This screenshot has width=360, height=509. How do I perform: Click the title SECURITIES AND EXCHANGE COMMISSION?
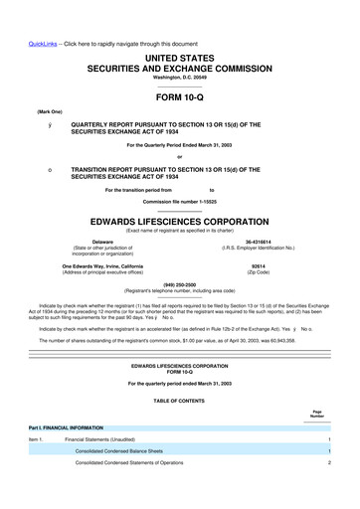[x=180, y=47]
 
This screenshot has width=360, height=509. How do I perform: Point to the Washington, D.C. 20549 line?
[x=180, y=60]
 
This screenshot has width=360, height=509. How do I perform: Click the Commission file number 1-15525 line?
[x=180, y=203]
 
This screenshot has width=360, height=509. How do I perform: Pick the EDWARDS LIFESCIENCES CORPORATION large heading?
[x=180, y=223]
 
